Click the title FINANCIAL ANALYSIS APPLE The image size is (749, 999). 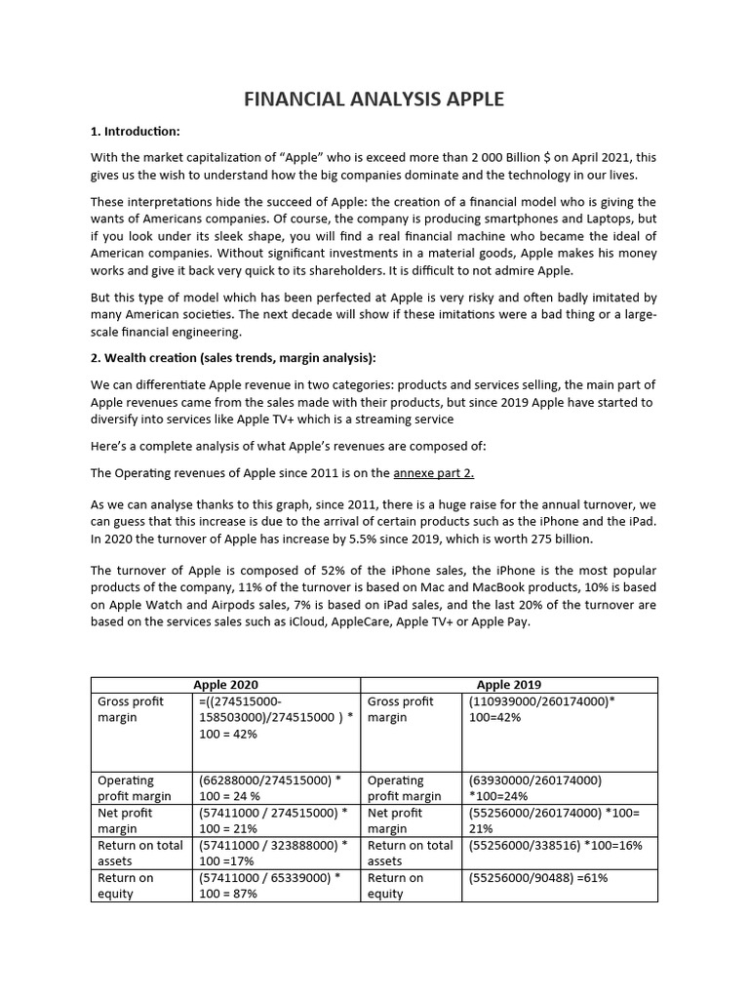pyautogui.click(x=374, y=99)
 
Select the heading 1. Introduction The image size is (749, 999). pyautogui.click(x=136, y=132)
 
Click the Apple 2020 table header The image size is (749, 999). pyautogui.click(x=226, y=685)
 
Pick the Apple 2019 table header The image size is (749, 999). pyautogui.click(x=509, y=685)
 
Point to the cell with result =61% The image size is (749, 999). pyautogui.click(x=538, y=878)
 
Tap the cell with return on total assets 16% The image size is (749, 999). pyautogui.click(x=555, y=846)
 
